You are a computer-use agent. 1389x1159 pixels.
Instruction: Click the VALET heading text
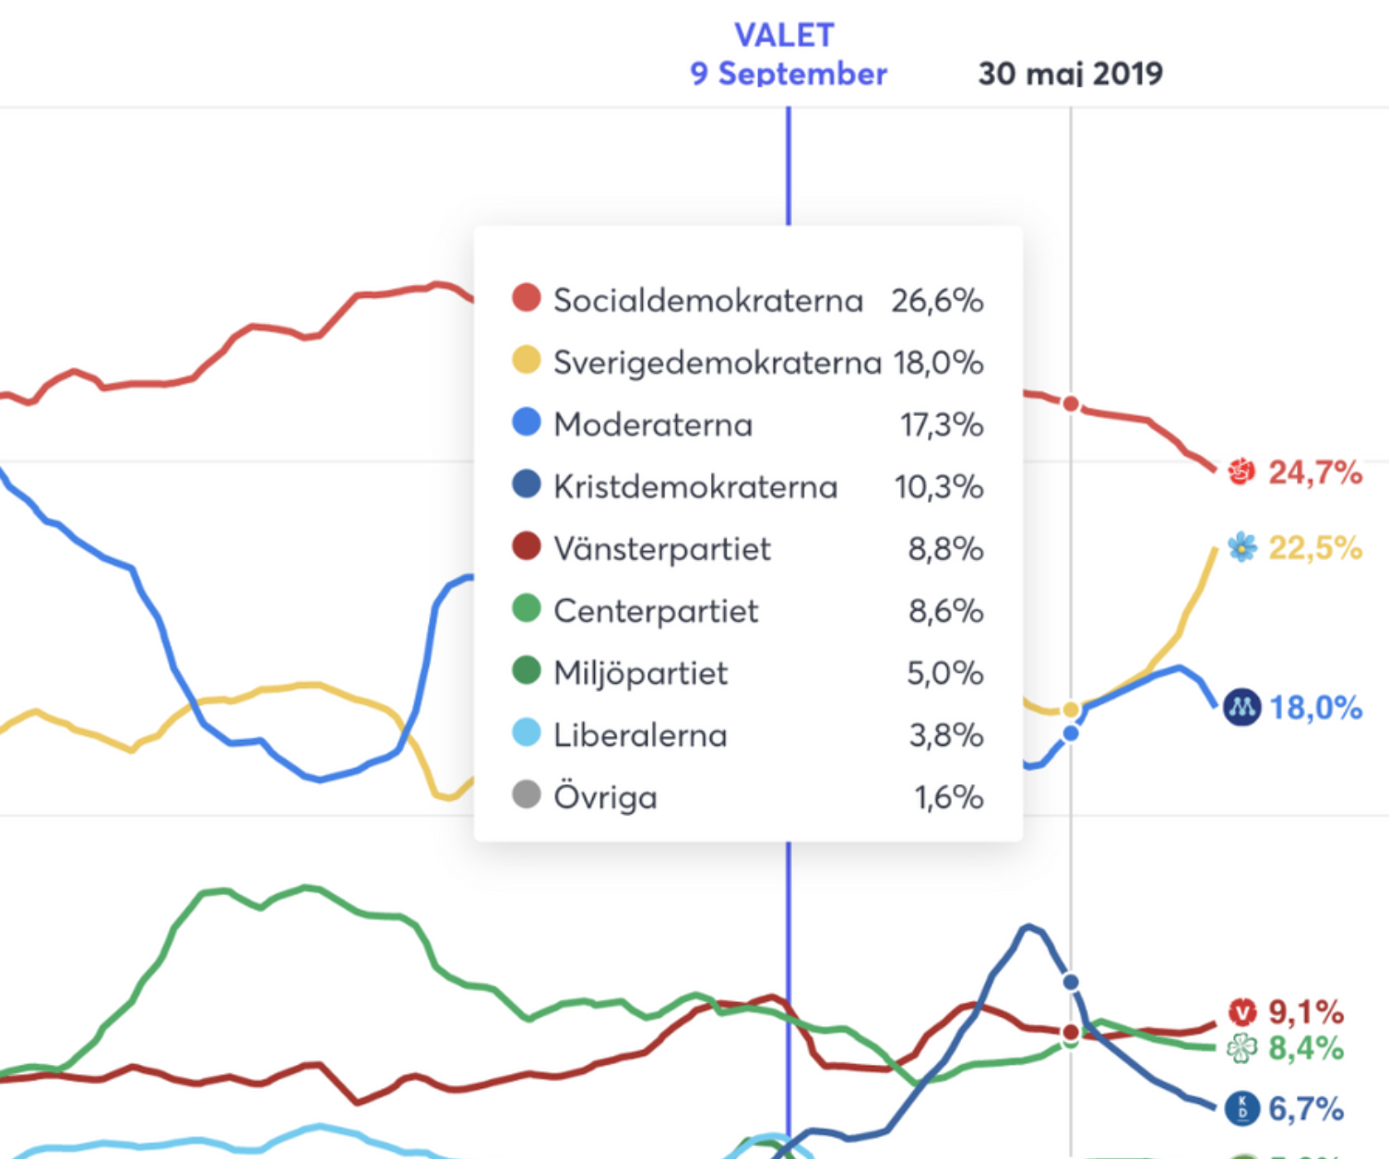784,35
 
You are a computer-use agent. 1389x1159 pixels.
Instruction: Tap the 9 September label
789,74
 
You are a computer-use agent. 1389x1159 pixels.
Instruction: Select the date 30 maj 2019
1070,74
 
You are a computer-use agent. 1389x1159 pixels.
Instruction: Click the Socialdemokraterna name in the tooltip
707,301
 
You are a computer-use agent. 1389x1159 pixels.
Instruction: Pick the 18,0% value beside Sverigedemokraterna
938,363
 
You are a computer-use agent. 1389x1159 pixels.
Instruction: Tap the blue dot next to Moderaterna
526,423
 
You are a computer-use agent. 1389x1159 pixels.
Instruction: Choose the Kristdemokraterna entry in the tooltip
694,486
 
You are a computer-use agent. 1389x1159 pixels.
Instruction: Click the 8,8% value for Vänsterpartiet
945,549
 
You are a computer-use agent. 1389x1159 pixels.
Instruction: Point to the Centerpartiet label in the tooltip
655,611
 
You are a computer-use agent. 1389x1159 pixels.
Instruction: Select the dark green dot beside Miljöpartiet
526,671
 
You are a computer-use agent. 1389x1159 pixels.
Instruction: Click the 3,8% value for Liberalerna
945,735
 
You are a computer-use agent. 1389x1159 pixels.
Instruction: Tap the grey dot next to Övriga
526,795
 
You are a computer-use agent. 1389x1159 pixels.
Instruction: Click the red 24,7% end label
1315,472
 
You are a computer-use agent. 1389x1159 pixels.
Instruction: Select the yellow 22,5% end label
1315,548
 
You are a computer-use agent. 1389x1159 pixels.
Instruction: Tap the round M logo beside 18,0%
1241,708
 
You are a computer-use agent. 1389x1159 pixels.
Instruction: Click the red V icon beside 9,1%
1242,1012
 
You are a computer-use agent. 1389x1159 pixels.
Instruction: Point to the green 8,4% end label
1305,1048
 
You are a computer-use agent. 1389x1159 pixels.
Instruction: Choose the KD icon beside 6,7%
1241,1108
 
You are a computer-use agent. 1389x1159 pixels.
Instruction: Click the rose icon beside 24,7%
1241,472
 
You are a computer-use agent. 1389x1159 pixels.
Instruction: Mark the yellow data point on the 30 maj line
1071,710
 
